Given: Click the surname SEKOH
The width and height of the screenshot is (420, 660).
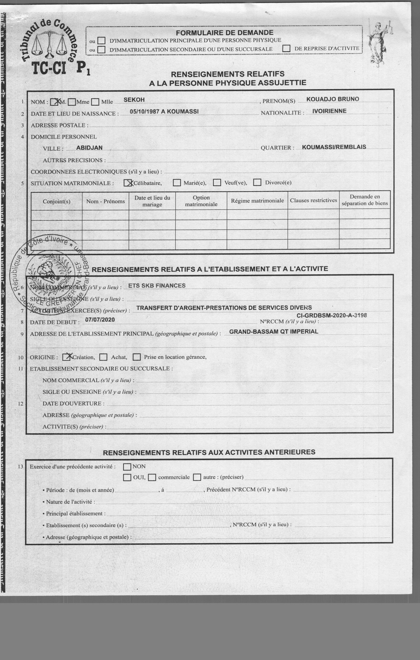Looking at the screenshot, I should [x=134, y=100].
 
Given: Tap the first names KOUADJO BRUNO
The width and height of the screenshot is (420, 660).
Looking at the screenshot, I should [x=333, y=99].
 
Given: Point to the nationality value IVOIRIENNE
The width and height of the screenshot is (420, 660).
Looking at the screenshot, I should [x=329, y=111].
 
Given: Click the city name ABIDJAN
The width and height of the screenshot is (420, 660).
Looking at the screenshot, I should [x=89, y=148].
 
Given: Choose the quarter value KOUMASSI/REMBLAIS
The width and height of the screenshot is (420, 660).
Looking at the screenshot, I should [x=334, y=147].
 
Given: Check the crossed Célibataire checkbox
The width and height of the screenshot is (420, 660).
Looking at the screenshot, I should [x=128, y=183].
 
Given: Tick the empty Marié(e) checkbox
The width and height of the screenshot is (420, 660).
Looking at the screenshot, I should [x=177, y=183].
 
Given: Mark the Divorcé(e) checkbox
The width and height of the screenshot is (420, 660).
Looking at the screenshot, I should [x=257, y=182].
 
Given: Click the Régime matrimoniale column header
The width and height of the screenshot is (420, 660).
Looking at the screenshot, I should [x=257, y=201].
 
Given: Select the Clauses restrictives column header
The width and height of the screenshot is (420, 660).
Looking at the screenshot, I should [x=313, y=200].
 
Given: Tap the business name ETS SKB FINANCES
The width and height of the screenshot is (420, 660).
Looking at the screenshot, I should [x=157, y=286].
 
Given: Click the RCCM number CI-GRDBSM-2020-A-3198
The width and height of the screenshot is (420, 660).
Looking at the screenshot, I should [x=332, y=315].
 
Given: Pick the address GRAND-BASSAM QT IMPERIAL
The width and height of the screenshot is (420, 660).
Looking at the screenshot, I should [x=274, y=332].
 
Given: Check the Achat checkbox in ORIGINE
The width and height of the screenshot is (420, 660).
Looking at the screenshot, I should [x=103, y=357].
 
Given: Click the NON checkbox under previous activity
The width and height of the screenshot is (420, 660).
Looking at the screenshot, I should [x=127, y=466].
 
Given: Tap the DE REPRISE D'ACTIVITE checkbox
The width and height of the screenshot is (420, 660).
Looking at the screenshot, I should [x=286, y=48].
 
